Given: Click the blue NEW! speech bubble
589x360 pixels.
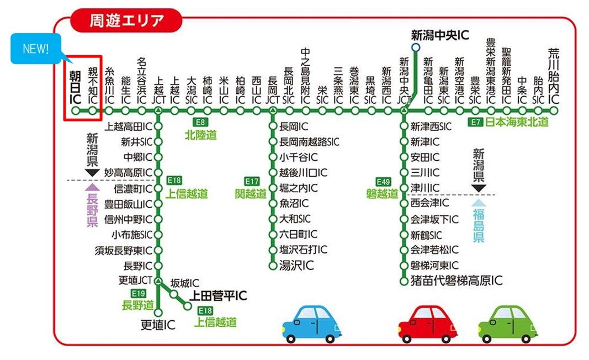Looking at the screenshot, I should [36, 48].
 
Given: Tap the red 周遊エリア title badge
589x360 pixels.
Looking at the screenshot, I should [126, 21].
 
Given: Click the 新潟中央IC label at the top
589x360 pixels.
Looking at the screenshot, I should [439, 35].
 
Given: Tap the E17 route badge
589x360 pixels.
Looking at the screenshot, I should [252, 181].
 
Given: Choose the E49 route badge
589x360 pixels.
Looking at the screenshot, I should [383, 181].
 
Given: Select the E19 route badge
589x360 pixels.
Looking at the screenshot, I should [138, 293].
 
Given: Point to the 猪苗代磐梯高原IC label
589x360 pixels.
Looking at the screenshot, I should [457, 281].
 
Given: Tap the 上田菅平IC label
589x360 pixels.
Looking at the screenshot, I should [218, 297].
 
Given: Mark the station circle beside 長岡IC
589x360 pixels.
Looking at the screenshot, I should [272, 126].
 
